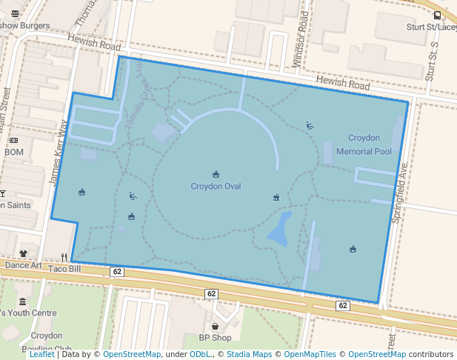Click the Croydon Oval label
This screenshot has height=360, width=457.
(216, 186)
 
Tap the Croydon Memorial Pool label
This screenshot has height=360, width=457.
(364, 144)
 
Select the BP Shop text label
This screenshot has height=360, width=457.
(215, 338)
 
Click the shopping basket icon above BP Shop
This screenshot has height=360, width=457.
(215, 326)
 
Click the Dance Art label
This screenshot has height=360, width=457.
(22, 265)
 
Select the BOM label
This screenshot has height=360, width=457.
(14, 152)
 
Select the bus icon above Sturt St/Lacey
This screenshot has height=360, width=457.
(437, 15)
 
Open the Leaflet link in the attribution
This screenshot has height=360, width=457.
(42, 354)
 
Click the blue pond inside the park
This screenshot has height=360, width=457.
(279, 230)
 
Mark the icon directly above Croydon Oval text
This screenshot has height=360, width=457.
(216, 174)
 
